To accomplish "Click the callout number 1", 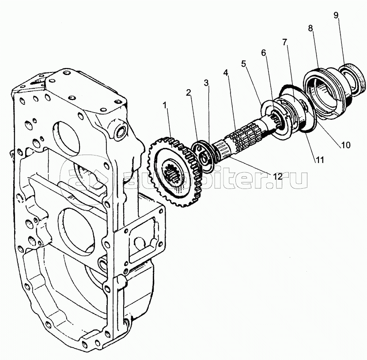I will coord(164,106).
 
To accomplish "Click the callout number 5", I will coord(243,63).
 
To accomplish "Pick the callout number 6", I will coord(264,53).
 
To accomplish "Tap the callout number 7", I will coord(285,42).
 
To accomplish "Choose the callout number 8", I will coord(310,28).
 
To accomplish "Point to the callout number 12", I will coord(277,176).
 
